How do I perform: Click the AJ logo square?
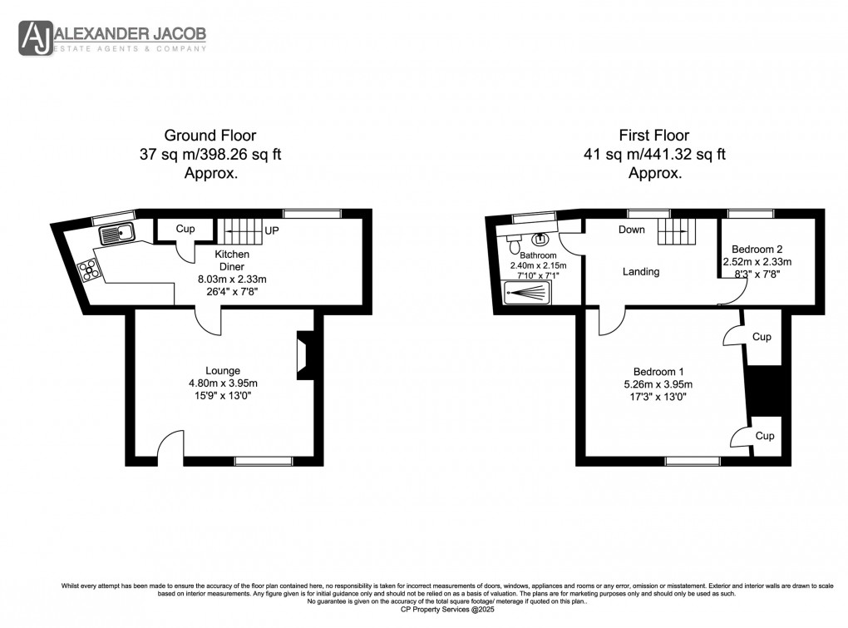(x=36, y=37)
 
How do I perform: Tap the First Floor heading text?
(x=654, y=135)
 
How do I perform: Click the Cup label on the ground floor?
(x=185, y=229)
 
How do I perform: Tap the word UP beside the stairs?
(x=271, y=230)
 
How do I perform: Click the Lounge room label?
(x=223, y=371)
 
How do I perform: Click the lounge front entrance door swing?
(x=171, y=444)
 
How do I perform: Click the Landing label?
(x=641, y=271)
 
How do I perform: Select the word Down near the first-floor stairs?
(x=631, y=230)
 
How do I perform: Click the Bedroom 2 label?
(x=757, y=249)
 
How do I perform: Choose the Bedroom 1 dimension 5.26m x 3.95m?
(x=658, y=384)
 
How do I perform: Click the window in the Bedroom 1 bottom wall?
(x=692, y=460)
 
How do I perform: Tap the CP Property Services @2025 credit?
(x=424, y=610)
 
